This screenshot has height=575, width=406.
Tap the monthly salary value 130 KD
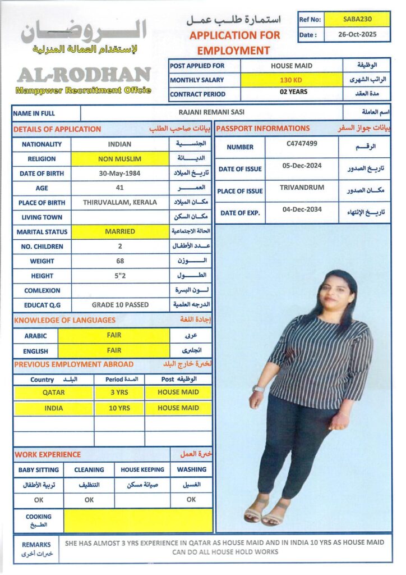click(291, 80)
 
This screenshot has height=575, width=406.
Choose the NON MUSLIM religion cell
click(120, 159)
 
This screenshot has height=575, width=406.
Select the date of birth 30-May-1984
click(120, 174)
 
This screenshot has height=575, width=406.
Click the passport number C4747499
click(302, 144)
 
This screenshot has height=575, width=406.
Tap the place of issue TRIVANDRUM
click(302, 188)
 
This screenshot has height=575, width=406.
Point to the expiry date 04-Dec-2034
click(302, 210)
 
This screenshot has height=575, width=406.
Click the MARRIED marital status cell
click(120, 231)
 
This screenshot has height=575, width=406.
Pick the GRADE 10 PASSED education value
click(120, 304)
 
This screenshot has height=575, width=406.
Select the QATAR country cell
click(53, 393)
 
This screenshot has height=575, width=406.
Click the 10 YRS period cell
click(119, 408)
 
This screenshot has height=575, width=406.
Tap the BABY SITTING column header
click(38, 469)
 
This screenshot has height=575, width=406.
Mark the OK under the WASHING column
click(191, 499)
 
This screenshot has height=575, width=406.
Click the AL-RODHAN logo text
click(84, 75)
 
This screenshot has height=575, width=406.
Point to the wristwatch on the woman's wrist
click(259, 389)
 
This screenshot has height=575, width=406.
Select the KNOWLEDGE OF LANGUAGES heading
click(64, 320)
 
